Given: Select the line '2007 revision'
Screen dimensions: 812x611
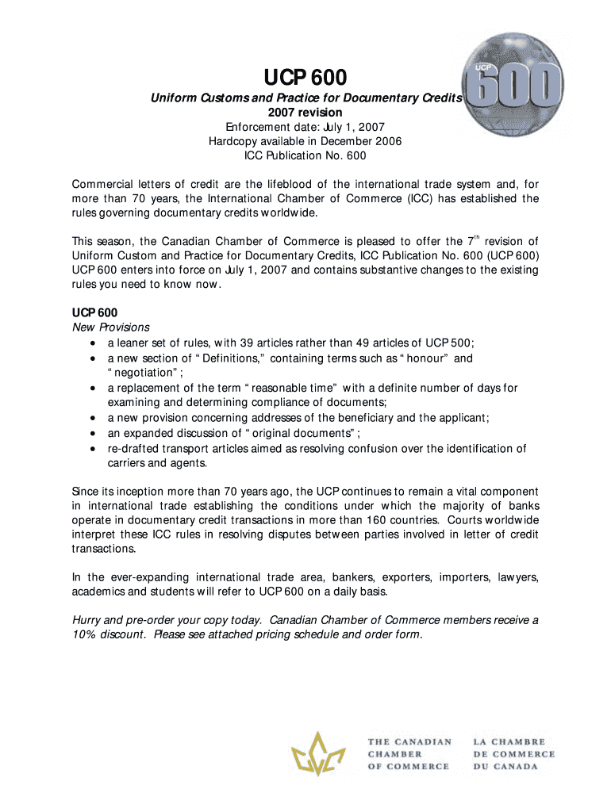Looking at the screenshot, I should [x=305, y=113].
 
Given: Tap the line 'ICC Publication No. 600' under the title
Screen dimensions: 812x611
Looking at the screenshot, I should [x=305, y=155].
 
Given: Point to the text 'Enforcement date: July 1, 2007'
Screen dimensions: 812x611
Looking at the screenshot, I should [x=305, y=127].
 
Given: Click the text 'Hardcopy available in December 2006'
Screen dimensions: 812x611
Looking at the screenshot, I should [x=305, y=141].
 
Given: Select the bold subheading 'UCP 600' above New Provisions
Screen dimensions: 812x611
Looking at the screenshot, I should [x=94, y=312].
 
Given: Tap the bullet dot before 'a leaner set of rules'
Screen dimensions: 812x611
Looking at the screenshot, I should [x=94, y=343].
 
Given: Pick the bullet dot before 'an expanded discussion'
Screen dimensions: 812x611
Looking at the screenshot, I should [x=94, y=433].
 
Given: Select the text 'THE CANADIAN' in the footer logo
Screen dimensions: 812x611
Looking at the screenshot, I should [x=409, y=742].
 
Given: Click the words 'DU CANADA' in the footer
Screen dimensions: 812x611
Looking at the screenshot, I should [x=505, y=767].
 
